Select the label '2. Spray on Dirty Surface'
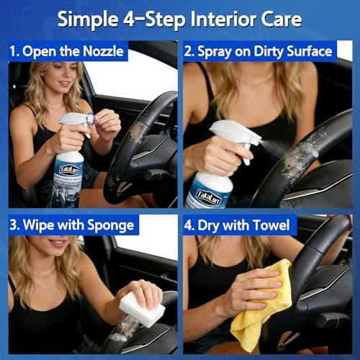pos(258,51)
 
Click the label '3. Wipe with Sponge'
pos(72,225)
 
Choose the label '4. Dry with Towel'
pos(240,225)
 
